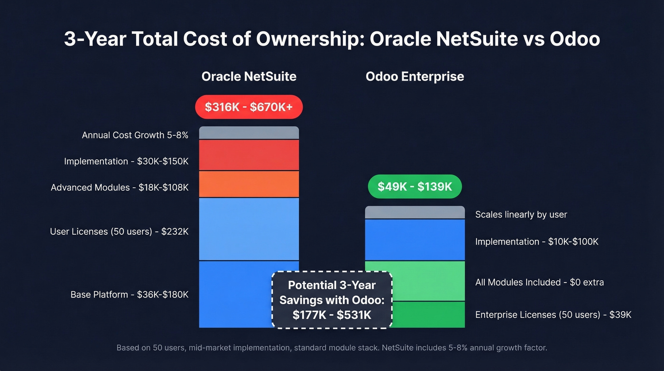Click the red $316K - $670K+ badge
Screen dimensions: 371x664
point(249,107)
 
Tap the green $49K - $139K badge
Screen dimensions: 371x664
point(415,187)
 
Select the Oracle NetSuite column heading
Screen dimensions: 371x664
point(249,76)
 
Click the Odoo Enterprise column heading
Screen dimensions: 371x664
point(415,76)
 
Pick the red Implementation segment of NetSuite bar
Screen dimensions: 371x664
point(249,155)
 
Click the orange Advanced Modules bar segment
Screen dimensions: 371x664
point(249,184)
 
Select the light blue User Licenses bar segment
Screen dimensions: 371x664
point(249,229)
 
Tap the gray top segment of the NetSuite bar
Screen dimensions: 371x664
point(249,133)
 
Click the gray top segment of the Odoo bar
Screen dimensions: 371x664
point(415,212)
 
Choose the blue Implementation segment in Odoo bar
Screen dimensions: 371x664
point(415,239)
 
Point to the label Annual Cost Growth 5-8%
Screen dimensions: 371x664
point(135,135)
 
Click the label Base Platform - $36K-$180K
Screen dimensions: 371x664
point(129,295)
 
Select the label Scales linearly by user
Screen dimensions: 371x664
point(521,215)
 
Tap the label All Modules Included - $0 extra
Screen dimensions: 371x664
point(539,282)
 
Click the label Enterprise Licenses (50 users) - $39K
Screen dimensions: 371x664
point(553,314)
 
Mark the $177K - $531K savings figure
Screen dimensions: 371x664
point(332,314)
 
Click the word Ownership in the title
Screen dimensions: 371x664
point(310,39)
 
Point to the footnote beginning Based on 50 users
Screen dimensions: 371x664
point(332,348)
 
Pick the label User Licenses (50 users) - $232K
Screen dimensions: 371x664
point(119,232)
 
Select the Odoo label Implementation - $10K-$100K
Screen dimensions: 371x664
point(536,242)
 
